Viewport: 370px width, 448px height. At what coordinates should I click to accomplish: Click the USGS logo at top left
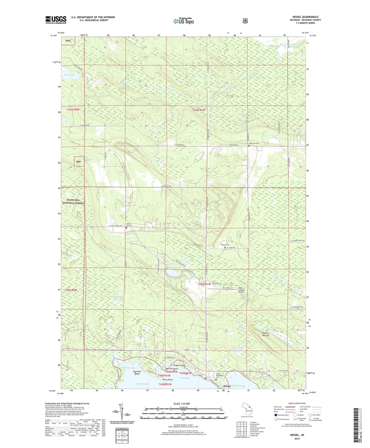(x=56, y=20)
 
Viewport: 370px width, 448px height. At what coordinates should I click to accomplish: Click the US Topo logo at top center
(x=183, y=21)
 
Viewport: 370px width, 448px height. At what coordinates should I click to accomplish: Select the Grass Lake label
(x=69, y=75)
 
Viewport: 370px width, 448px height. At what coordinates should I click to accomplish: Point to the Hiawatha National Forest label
(x=73, y=201)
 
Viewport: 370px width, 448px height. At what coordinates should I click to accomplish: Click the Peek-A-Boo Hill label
(x=266, y=335)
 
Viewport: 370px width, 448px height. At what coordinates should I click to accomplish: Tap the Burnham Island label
(x=137, y=373)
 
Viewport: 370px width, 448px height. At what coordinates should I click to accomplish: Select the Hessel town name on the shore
(x=227, y=386)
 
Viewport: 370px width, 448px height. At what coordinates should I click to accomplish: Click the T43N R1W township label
(x=199, y=110)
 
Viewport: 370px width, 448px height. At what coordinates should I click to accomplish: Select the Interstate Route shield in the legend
(x=276, y=415)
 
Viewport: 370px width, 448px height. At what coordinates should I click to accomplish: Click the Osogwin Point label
(x=172, y=365)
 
